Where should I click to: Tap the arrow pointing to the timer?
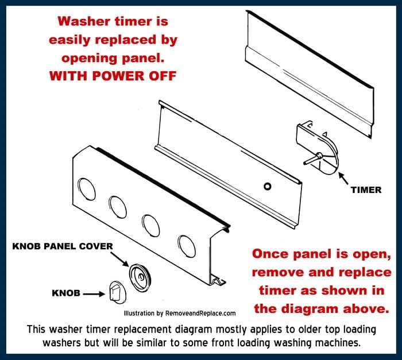pyautogui.click(x=343, y=174)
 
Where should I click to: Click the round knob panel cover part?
pyautogui.click(x=139, y=276)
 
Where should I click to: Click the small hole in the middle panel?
pyautogui.click(x=266, y=187)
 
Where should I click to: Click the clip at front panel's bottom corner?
pyautogui.click(x=218, y=280)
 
